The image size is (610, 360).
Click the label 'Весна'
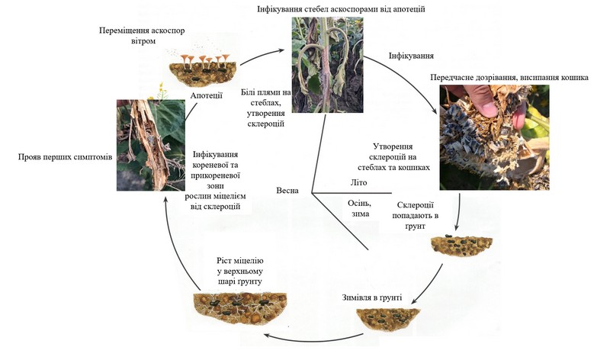click(287, 190)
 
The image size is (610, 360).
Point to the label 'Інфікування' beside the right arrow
click(411, 56)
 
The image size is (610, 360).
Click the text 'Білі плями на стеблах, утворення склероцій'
click(262, 108)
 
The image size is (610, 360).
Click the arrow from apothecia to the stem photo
click(263, 50)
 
